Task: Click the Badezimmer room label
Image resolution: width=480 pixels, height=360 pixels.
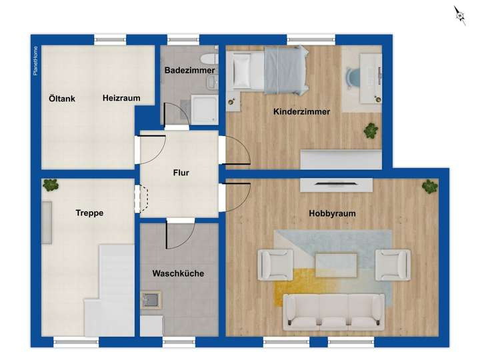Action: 189,70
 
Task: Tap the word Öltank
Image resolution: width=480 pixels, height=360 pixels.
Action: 62,99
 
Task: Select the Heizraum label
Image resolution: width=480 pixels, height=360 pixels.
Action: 121,98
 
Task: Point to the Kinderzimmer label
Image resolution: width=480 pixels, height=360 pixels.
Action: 301,112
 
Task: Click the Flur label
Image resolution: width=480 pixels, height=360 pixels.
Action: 181,173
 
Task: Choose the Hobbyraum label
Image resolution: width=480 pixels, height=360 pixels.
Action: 332,213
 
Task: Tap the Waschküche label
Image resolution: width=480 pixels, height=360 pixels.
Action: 178,273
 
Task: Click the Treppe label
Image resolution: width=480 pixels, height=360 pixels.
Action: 89,213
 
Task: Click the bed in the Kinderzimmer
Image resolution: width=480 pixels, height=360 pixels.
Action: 267,70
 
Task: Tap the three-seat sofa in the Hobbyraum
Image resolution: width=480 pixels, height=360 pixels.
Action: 334,311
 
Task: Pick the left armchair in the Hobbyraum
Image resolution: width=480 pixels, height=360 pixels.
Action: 275,264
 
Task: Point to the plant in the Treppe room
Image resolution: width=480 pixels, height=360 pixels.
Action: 49,185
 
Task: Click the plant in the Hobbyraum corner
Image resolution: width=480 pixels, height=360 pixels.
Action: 430,187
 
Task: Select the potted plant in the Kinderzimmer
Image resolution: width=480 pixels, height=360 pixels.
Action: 371,130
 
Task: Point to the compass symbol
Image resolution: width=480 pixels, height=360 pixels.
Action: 459,15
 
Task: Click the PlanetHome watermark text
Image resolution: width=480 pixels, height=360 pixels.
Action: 35,61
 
